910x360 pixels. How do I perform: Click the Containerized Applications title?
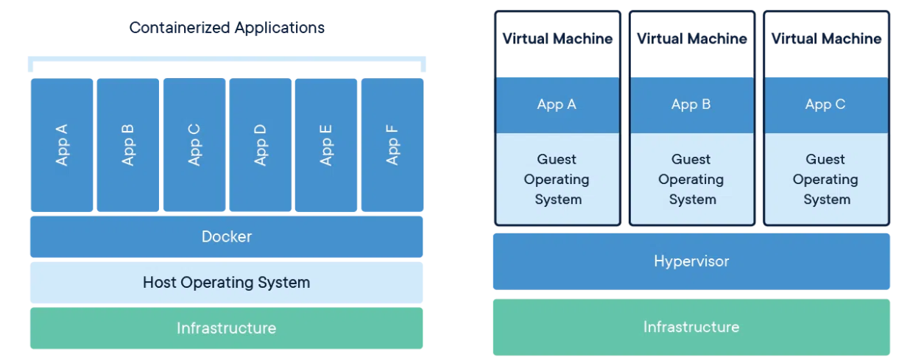227,28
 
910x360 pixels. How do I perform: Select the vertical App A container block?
62,144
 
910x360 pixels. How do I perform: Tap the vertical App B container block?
128,144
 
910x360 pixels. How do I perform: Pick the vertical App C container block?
194,144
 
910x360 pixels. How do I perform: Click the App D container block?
261,144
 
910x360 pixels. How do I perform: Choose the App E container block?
326,144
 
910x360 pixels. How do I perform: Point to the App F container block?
392,144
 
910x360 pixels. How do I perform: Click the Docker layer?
227,236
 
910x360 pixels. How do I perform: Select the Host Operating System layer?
227,283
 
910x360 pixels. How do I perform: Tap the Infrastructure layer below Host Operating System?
227,328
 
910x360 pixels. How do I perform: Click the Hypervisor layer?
691,261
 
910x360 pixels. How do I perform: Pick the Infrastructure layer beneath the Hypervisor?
691,327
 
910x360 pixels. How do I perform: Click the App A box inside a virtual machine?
557,105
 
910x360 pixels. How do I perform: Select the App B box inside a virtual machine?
692,105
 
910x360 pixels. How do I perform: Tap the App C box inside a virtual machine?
826,105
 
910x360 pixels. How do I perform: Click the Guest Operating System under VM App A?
557,179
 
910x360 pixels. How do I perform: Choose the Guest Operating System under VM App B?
692,179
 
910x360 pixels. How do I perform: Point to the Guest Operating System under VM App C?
826,179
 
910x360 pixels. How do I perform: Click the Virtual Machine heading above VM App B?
692,38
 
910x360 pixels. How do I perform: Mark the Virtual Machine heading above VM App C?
826,38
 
